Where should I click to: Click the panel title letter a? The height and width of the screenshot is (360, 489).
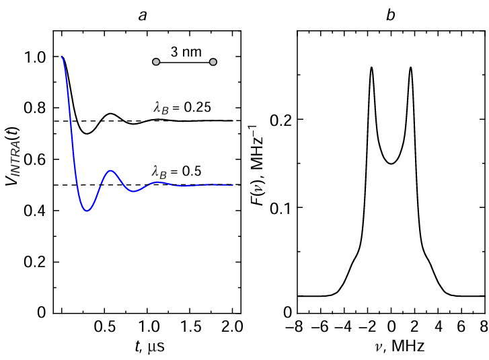point(143,15)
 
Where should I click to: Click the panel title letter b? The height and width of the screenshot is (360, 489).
point(390,15)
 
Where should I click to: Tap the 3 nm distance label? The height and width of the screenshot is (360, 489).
point(184,52)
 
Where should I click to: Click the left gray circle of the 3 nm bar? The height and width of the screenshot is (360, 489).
point(156,62)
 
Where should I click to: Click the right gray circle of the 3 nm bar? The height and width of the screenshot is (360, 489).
point(213,62)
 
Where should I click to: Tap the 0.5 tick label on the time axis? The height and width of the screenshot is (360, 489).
point(104,326)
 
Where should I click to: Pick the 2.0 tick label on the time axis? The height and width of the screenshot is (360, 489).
point(233,326)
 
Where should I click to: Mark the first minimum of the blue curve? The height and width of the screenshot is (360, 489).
point(87,211)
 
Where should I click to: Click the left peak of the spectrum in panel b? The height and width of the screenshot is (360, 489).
point(371,67)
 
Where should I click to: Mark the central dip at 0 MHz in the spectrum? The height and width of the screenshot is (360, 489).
point(391,163)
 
